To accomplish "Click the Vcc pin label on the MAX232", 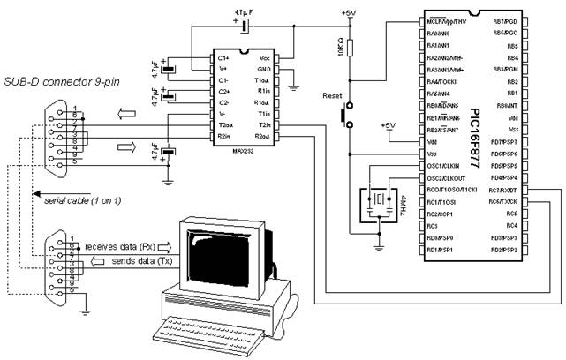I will pyautogui.click(x=263, y=57).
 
